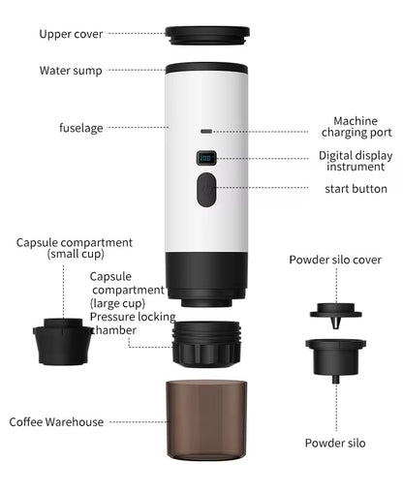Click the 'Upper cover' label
71,34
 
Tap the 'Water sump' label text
71,71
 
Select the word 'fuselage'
80,127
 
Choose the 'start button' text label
356,189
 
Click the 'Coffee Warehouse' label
56,422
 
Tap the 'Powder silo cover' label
335,261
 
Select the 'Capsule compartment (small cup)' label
75,248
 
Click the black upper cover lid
207,37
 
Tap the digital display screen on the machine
206,158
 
